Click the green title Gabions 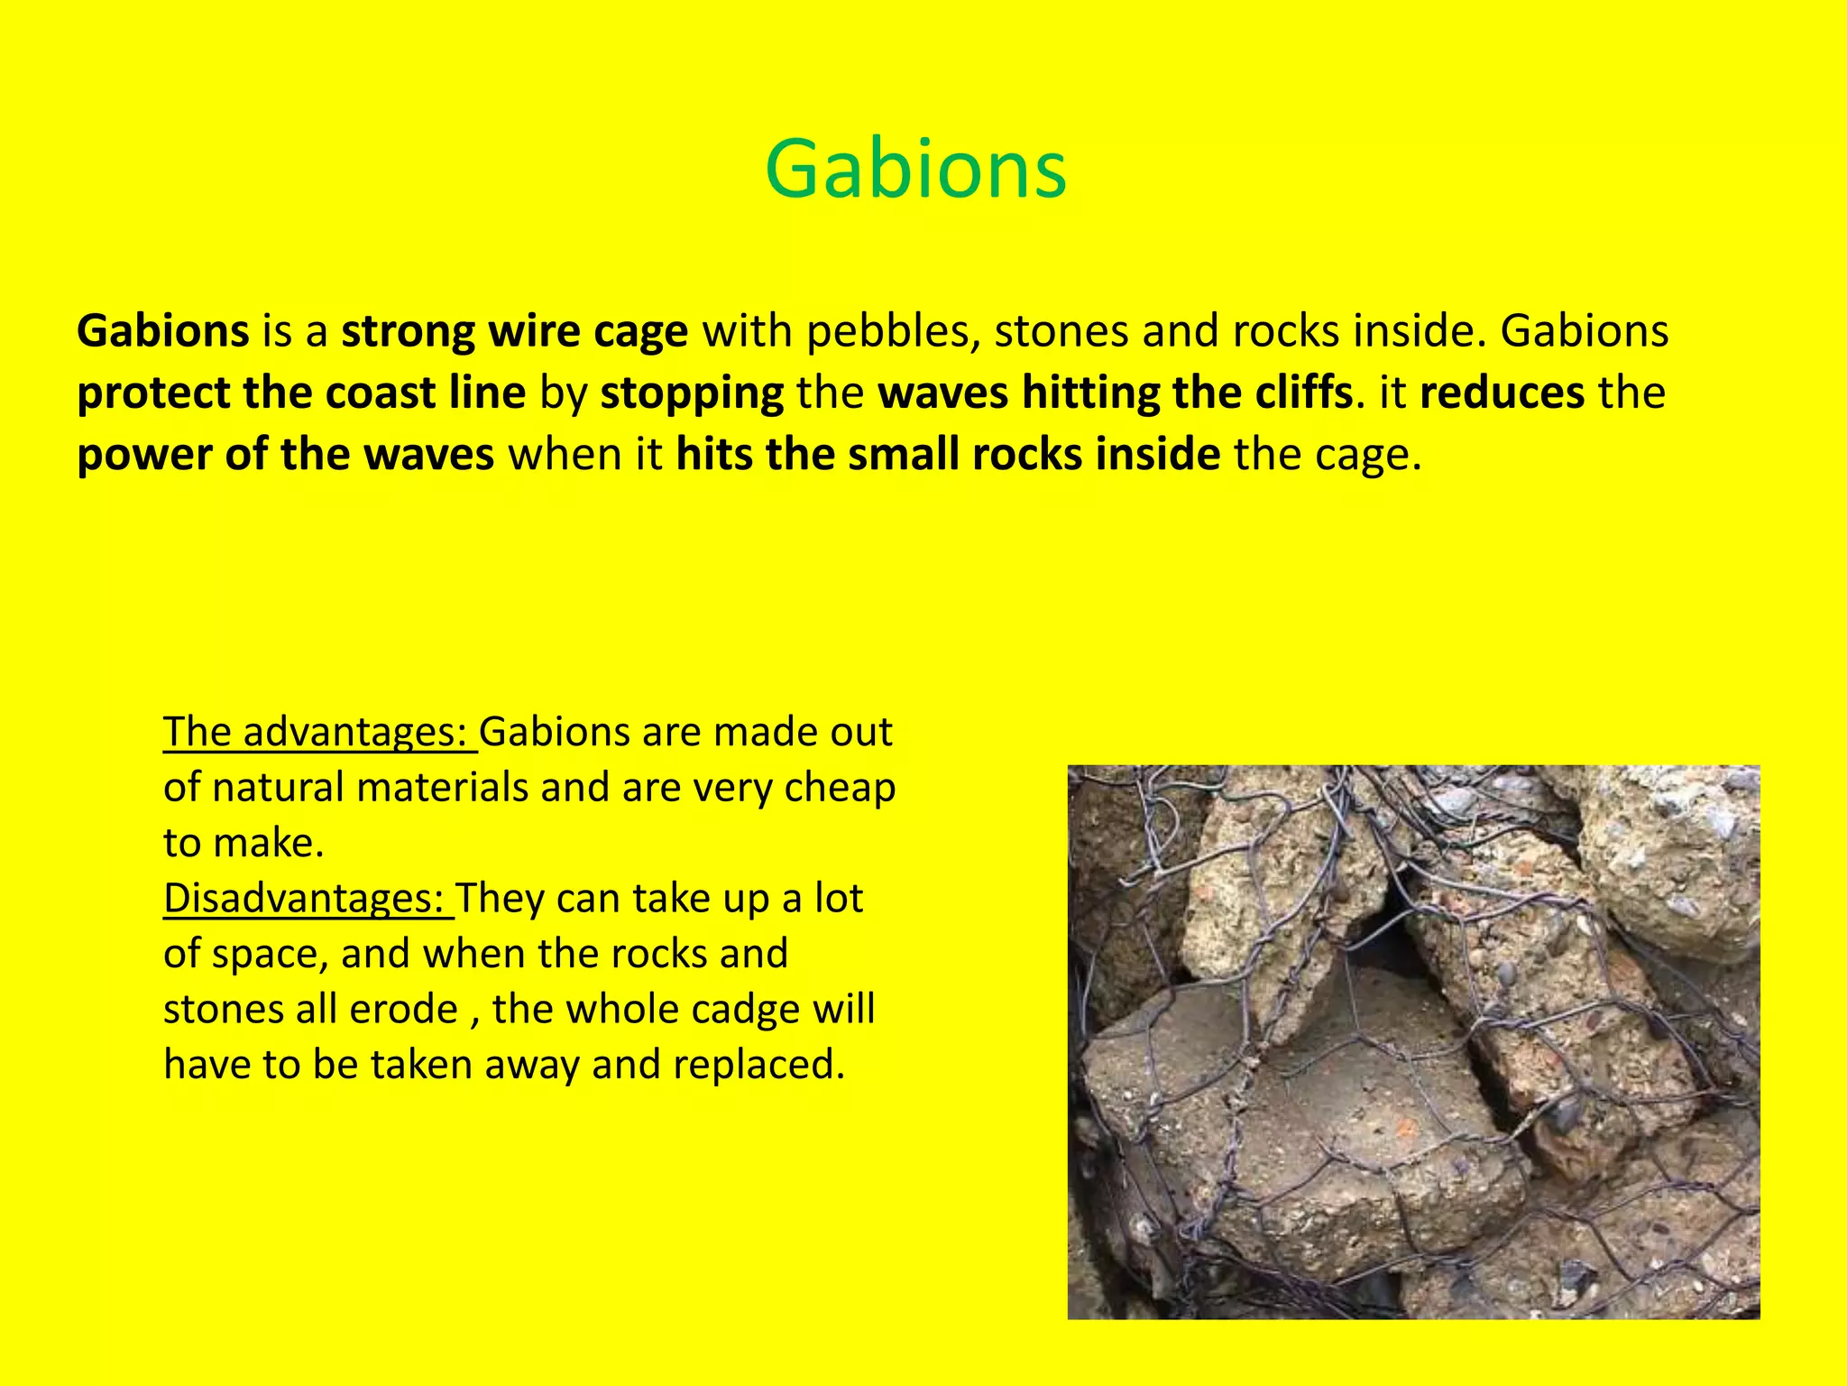(915, 170)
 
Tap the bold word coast (380, 393)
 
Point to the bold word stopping (692, 393)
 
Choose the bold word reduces (1502, 393)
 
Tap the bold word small (903, 455)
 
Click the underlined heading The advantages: (319, 732)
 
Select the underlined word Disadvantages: (308, 899)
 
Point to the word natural (280, 788)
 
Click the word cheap (840, 788)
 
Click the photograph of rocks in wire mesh (1413, 1042)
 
